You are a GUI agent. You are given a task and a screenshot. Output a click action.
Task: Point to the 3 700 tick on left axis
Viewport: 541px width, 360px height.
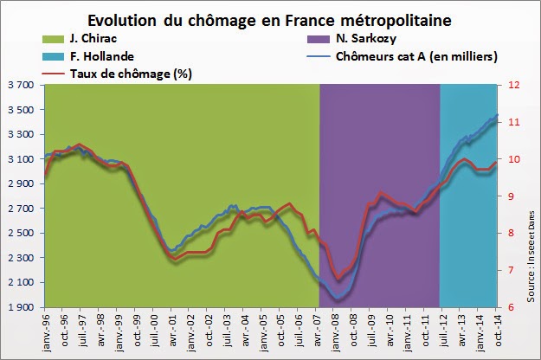tap(20, 86)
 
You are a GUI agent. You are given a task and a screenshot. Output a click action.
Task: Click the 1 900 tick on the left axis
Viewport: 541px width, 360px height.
tap(20, 307)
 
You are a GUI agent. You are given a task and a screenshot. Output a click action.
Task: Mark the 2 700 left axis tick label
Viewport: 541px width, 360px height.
tap(20, 209)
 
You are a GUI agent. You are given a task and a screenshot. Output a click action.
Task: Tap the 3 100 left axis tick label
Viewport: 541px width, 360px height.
tap(20, 159)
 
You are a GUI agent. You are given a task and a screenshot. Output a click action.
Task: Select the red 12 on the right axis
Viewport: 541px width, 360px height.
tap(514, 86)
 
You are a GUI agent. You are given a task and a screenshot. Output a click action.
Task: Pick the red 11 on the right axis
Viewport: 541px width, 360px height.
tap(514, 123)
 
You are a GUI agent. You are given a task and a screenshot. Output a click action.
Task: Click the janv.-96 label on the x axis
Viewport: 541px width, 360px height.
tap(46, 333)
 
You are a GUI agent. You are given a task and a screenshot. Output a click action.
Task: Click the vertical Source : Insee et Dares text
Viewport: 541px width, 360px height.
tap(530, 232)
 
